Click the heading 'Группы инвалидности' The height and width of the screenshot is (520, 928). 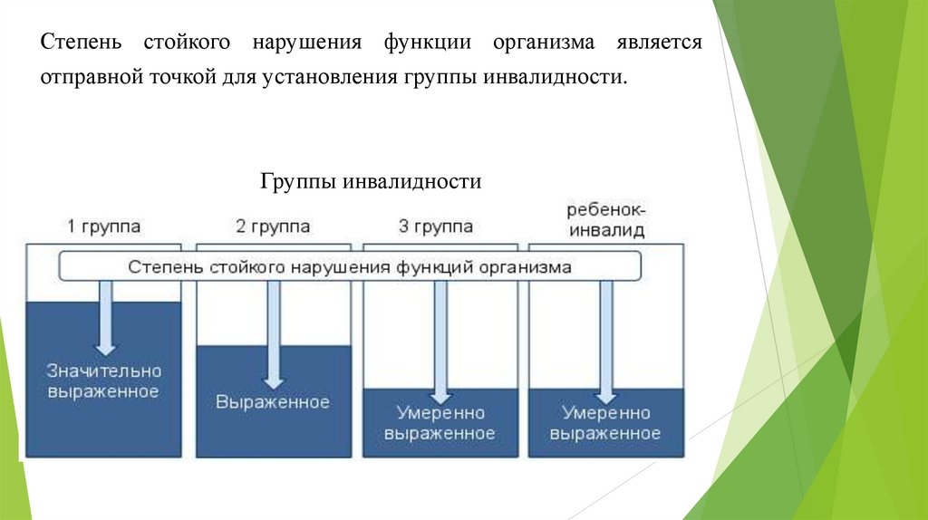pyautogui.click(x=372, y=182)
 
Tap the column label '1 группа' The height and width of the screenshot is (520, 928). pyautogui.click(x=104, y=226)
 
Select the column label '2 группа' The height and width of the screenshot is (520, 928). pyautogui.click(x=272, y=226)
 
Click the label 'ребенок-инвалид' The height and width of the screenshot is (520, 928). pyautogui.click(x=605, y=220)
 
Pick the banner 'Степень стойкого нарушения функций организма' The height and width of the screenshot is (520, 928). pyautogui.click(x=350, y=267)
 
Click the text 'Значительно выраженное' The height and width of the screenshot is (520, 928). pyautogui.click(x=105, y=381)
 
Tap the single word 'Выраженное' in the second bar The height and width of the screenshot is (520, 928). pyautogui.click(x=272, y=401)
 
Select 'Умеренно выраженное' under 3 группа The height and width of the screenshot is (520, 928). pyautogui.click(x=440, y=423)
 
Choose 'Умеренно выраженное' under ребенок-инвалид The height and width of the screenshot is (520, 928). pyautogui.click(x=605, y=423)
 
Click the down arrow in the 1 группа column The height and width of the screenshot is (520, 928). pyautogui.click(x=106, y=317)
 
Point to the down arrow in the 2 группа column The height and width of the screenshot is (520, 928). pyautogui.click(x=272, y=335)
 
